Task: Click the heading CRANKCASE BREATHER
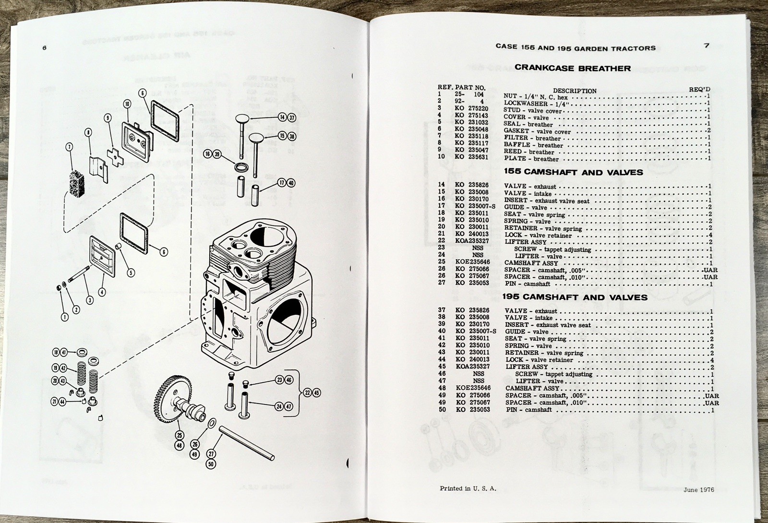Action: click(573, 68)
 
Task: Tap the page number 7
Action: click(707, 46)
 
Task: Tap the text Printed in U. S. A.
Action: click(468, 488)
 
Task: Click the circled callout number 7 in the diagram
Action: click(70, 147)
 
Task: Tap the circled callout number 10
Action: click(127, 104)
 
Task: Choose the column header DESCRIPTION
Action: click(575, 90)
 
